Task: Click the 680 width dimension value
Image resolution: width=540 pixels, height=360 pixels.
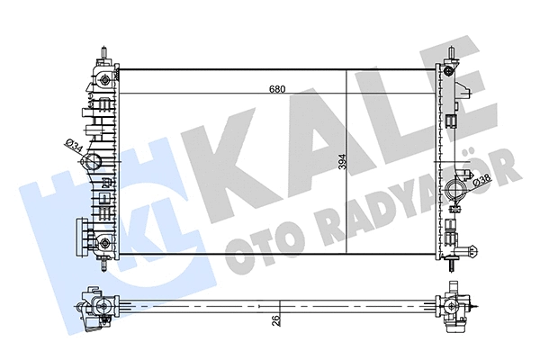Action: (x=278, y=89)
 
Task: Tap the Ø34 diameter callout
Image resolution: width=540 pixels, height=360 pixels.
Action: (x=74, y=144)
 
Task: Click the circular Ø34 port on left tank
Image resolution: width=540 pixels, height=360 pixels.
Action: (x=92, y=163)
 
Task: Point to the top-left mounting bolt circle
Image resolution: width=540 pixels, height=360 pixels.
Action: (x=105, y=79)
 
